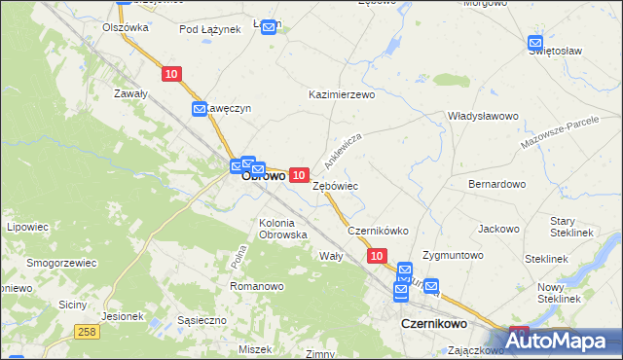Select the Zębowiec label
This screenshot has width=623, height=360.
point(336,185)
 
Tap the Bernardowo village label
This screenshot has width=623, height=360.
point(496,183)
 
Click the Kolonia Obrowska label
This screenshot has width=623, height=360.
point(283,229)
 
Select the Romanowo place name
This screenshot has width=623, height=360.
point(256,286)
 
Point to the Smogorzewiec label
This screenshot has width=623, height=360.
point(60,263)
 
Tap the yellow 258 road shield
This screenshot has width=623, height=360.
point(87,333)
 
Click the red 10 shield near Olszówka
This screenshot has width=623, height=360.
point(171,74)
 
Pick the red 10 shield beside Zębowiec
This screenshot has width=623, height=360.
point(300,173)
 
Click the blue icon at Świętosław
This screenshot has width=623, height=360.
point(535,43)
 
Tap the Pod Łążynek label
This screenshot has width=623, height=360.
point(209,29)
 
